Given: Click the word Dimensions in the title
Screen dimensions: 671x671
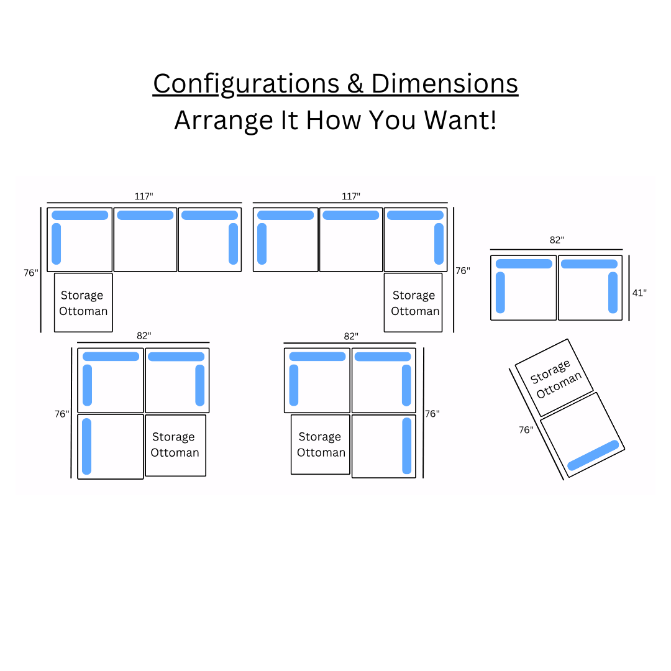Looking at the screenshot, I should click(444, 84).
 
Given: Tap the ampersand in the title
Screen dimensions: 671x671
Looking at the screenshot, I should click(355, 84).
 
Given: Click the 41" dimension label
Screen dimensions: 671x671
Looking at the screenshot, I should click(639, 293).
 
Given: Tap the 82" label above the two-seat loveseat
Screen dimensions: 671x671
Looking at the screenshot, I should click(556, 240).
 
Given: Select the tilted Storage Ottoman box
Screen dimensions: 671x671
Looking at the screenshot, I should click(554, 377).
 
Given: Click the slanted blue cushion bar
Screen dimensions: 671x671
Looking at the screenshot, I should click(593, 455).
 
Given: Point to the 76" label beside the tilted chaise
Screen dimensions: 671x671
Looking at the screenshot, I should click(526, 429).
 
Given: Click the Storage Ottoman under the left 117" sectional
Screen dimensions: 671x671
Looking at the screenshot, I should click(83, 303).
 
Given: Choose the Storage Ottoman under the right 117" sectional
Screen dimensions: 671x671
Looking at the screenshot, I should click(413, 303).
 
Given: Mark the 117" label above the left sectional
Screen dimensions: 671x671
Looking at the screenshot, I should click(144, 196).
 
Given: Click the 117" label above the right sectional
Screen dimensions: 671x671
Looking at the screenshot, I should click(350, 196).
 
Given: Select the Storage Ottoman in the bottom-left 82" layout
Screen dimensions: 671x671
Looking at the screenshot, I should click(175, 445).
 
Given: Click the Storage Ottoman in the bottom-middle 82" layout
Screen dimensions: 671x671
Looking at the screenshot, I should click(321, 444).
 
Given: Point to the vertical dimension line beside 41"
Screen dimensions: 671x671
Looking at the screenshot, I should click(629, 288).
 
